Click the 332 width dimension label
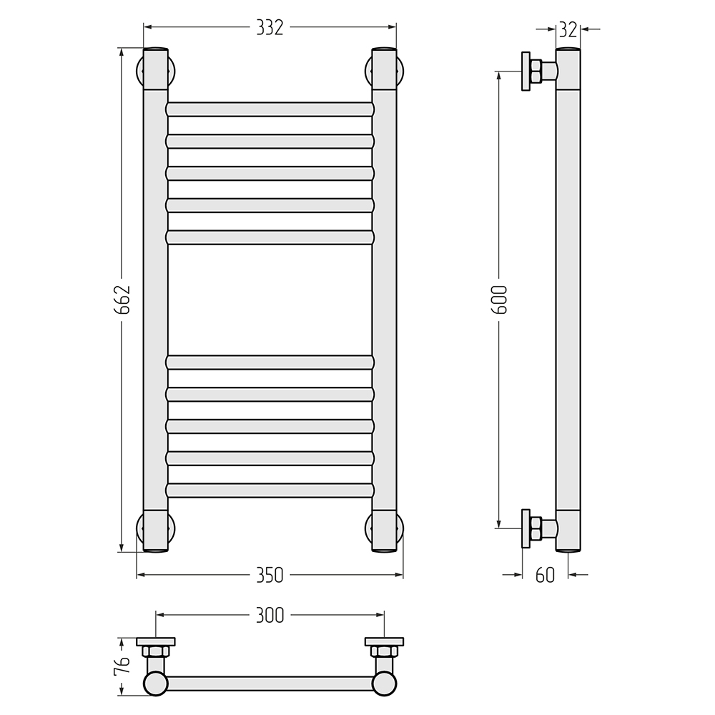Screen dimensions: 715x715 pyautogui.click(x=270, y=28)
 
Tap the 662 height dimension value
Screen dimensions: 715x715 pyautogui.click(x=122, y=300)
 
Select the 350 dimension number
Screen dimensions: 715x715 pyautogui.click(x=270, y=575)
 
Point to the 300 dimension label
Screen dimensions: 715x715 pyautogui.click(x=270, y=615)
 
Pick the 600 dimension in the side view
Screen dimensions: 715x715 pyautogui.click(x=499, y=299)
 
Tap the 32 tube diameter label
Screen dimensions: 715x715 pyautogui.click(x=568, y=29)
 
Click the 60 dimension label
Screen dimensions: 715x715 pyautogui.click(x=545, y=576)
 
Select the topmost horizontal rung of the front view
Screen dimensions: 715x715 pyautogui.click(x=270, y=109)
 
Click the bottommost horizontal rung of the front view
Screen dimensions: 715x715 pyautogui.click(x=270, y=490)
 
